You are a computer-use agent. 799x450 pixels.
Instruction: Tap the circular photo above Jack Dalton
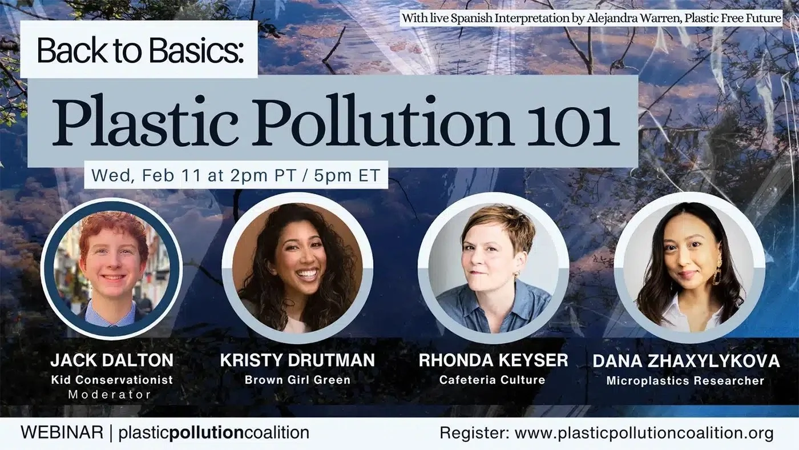112,268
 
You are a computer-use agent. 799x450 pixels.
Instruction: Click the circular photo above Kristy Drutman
297,268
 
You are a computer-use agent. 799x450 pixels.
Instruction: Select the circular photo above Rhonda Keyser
493,268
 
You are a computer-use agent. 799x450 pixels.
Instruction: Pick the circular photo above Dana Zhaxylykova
689,268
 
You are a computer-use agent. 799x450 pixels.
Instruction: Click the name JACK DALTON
112,360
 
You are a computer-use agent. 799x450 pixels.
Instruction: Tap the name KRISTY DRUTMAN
297,360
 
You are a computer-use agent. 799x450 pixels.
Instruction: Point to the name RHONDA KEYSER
493,360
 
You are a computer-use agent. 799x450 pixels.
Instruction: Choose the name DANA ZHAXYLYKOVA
686,361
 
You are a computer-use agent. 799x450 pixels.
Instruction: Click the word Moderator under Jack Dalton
110,395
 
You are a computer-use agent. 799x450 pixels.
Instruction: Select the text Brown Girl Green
297,380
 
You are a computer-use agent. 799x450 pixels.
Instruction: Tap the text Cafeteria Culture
492,380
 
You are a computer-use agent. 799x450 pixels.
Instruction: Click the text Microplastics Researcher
685,380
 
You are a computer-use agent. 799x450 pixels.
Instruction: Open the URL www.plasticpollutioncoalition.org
644,433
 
